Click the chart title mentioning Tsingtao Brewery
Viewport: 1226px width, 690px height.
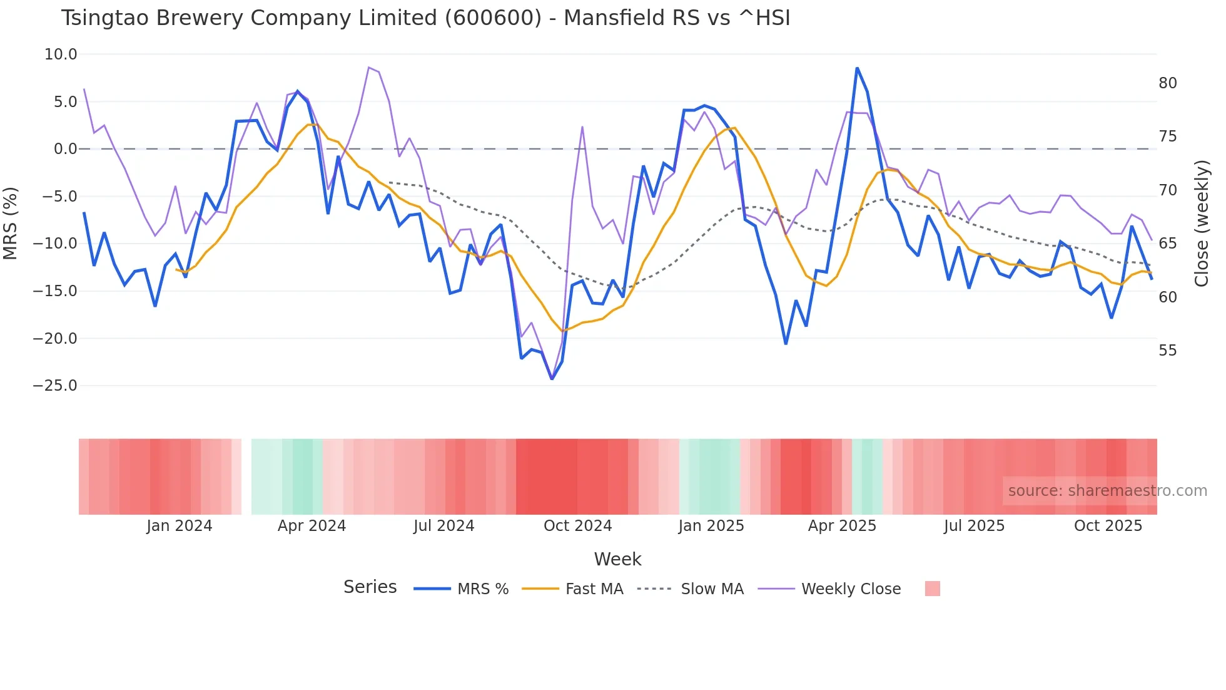tap(425, 18)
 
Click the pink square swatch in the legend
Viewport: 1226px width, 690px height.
tap(932, 589)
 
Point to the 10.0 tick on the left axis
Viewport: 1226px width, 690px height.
tap(61, 54)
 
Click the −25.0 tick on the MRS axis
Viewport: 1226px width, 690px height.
tap(55, 386)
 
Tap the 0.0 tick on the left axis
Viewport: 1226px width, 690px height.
tap(65, 149)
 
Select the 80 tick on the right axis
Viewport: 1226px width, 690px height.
tap(1167, 83)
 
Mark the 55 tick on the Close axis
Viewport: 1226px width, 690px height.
tap(1167, 351)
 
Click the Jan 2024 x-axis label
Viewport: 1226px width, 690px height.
tap(180, 526)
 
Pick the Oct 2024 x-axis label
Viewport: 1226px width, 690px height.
tap(577, 526)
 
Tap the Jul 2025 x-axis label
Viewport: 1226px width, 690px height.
tap(974, 526)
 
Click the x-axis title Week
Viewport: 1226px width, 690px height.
tap(617, 559)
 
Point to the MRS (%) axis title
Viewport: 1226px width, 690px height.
tap(11, 223)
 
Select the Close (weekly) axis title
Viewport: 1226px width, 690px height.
tap(1202, 224)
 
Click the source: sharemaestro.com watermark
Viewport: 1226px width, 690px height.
tap(1107, 491)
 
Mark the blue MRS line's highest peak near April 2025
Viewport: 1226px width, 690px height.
tap(857, 68)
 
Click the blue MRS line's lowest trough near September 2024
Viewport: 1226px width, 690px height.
tap(552, 379)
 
